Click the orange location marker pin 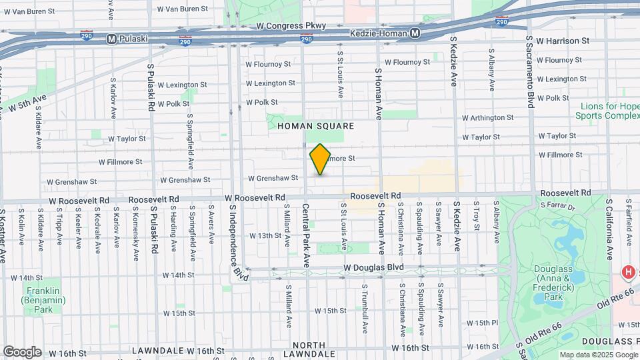click(x=320, y=159)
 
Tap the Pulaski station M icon click(x=111, y=38)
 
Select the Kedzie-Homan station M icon click(x=415, y=33)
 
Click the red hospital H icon click(x=627, y=272)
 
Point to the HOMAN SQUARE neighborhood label click(x=315, y=126)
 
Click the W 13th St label click(x=266, y=235)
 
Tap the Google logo click(x=22, y=351)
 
